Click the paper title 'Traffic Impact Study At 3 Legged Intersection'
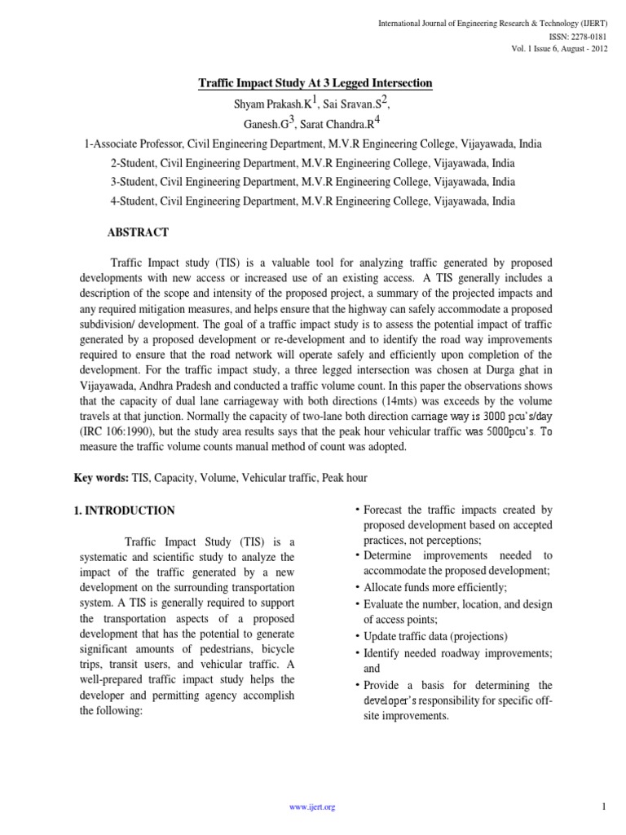point(316,83)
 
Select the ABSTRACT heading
point(138,232)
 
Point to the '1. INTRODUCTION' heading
point(119,511)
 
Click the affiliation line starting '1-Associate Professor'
point(313,144)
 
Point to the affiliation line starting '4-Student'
point(313,201)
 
